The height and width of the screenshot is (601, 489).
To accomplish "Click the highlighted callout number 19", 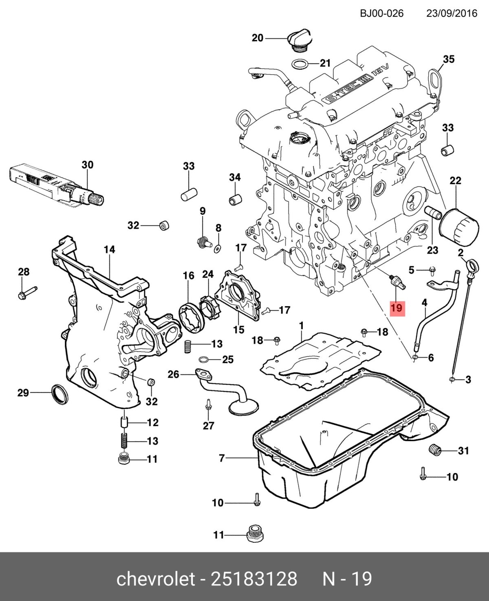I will [396, 307].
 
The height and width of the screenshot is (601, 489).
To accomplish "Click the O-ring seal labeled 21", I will [300, 64].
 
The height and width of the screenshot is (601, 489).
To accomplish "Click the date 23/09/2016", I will [452, 13].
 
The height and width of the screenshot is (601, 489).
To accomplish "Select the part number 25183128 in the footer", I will [253, 578].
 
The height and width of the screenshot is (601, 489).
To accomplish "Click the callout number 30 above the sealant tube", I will [87, 165].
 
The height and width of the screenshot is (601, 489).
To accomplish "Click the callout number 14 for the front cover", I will [109, 250].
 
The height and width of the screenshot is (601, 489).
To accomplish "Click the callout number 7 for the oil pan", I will [222, 458].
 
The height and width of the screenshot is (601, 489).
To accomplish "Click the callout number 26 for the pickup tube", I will [174, 374].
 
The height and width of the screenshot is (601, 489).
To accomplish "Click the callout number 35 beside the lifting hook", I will [448, 59].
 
